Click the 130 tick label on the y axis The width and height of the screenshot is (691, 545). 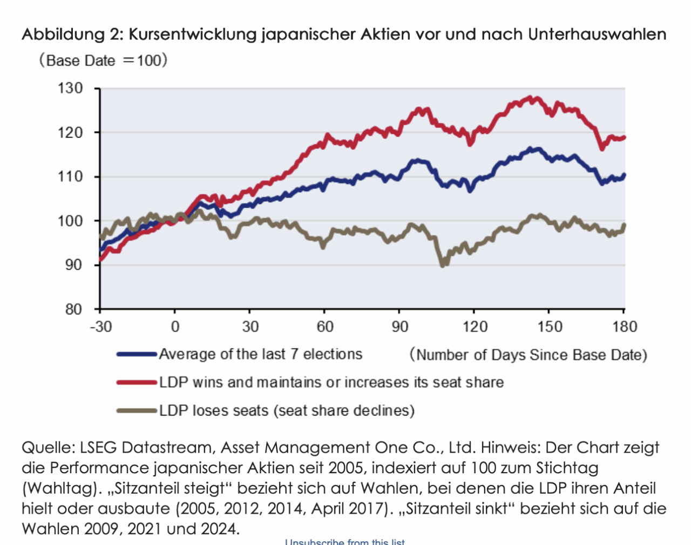[x=71, y=88]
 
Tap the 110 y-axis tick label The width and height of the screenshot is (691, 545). [x=71, y=176]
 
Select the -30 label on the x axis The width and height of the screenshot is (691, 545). [x=100, y=326]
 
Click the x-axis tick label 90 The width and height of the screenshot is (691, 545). [x=400, y=326]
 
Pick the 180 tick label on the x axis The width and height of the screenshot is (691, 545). [x=625, y=326]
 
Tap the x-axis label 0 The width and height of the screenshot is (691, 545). [x=175, y=326]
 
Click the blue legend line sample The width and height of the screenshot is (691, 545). [x=137, y=355]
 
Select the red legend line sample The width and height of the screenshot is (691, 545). [x=137, y=383]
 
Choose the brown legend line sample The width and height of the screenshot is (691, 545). [x=137, y=411]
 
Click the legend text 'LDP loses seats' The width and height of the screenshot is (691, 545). [x=214, y=411]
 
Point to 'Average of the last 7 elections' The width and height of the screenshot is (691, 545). [x=260, y=354]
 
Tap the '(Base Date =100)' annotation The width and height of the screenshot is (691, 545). [x=103, y=60]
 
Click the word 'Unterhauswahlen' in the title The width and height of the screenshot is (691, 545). [x=597, y=34]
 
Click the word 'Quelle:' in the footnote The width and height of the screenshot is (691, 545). [x=48, y=447]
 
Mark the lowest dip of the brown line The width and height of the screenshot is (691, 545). [x=443, y=265]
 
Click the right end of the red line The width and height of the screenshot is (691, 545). [x=624, y=138]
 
